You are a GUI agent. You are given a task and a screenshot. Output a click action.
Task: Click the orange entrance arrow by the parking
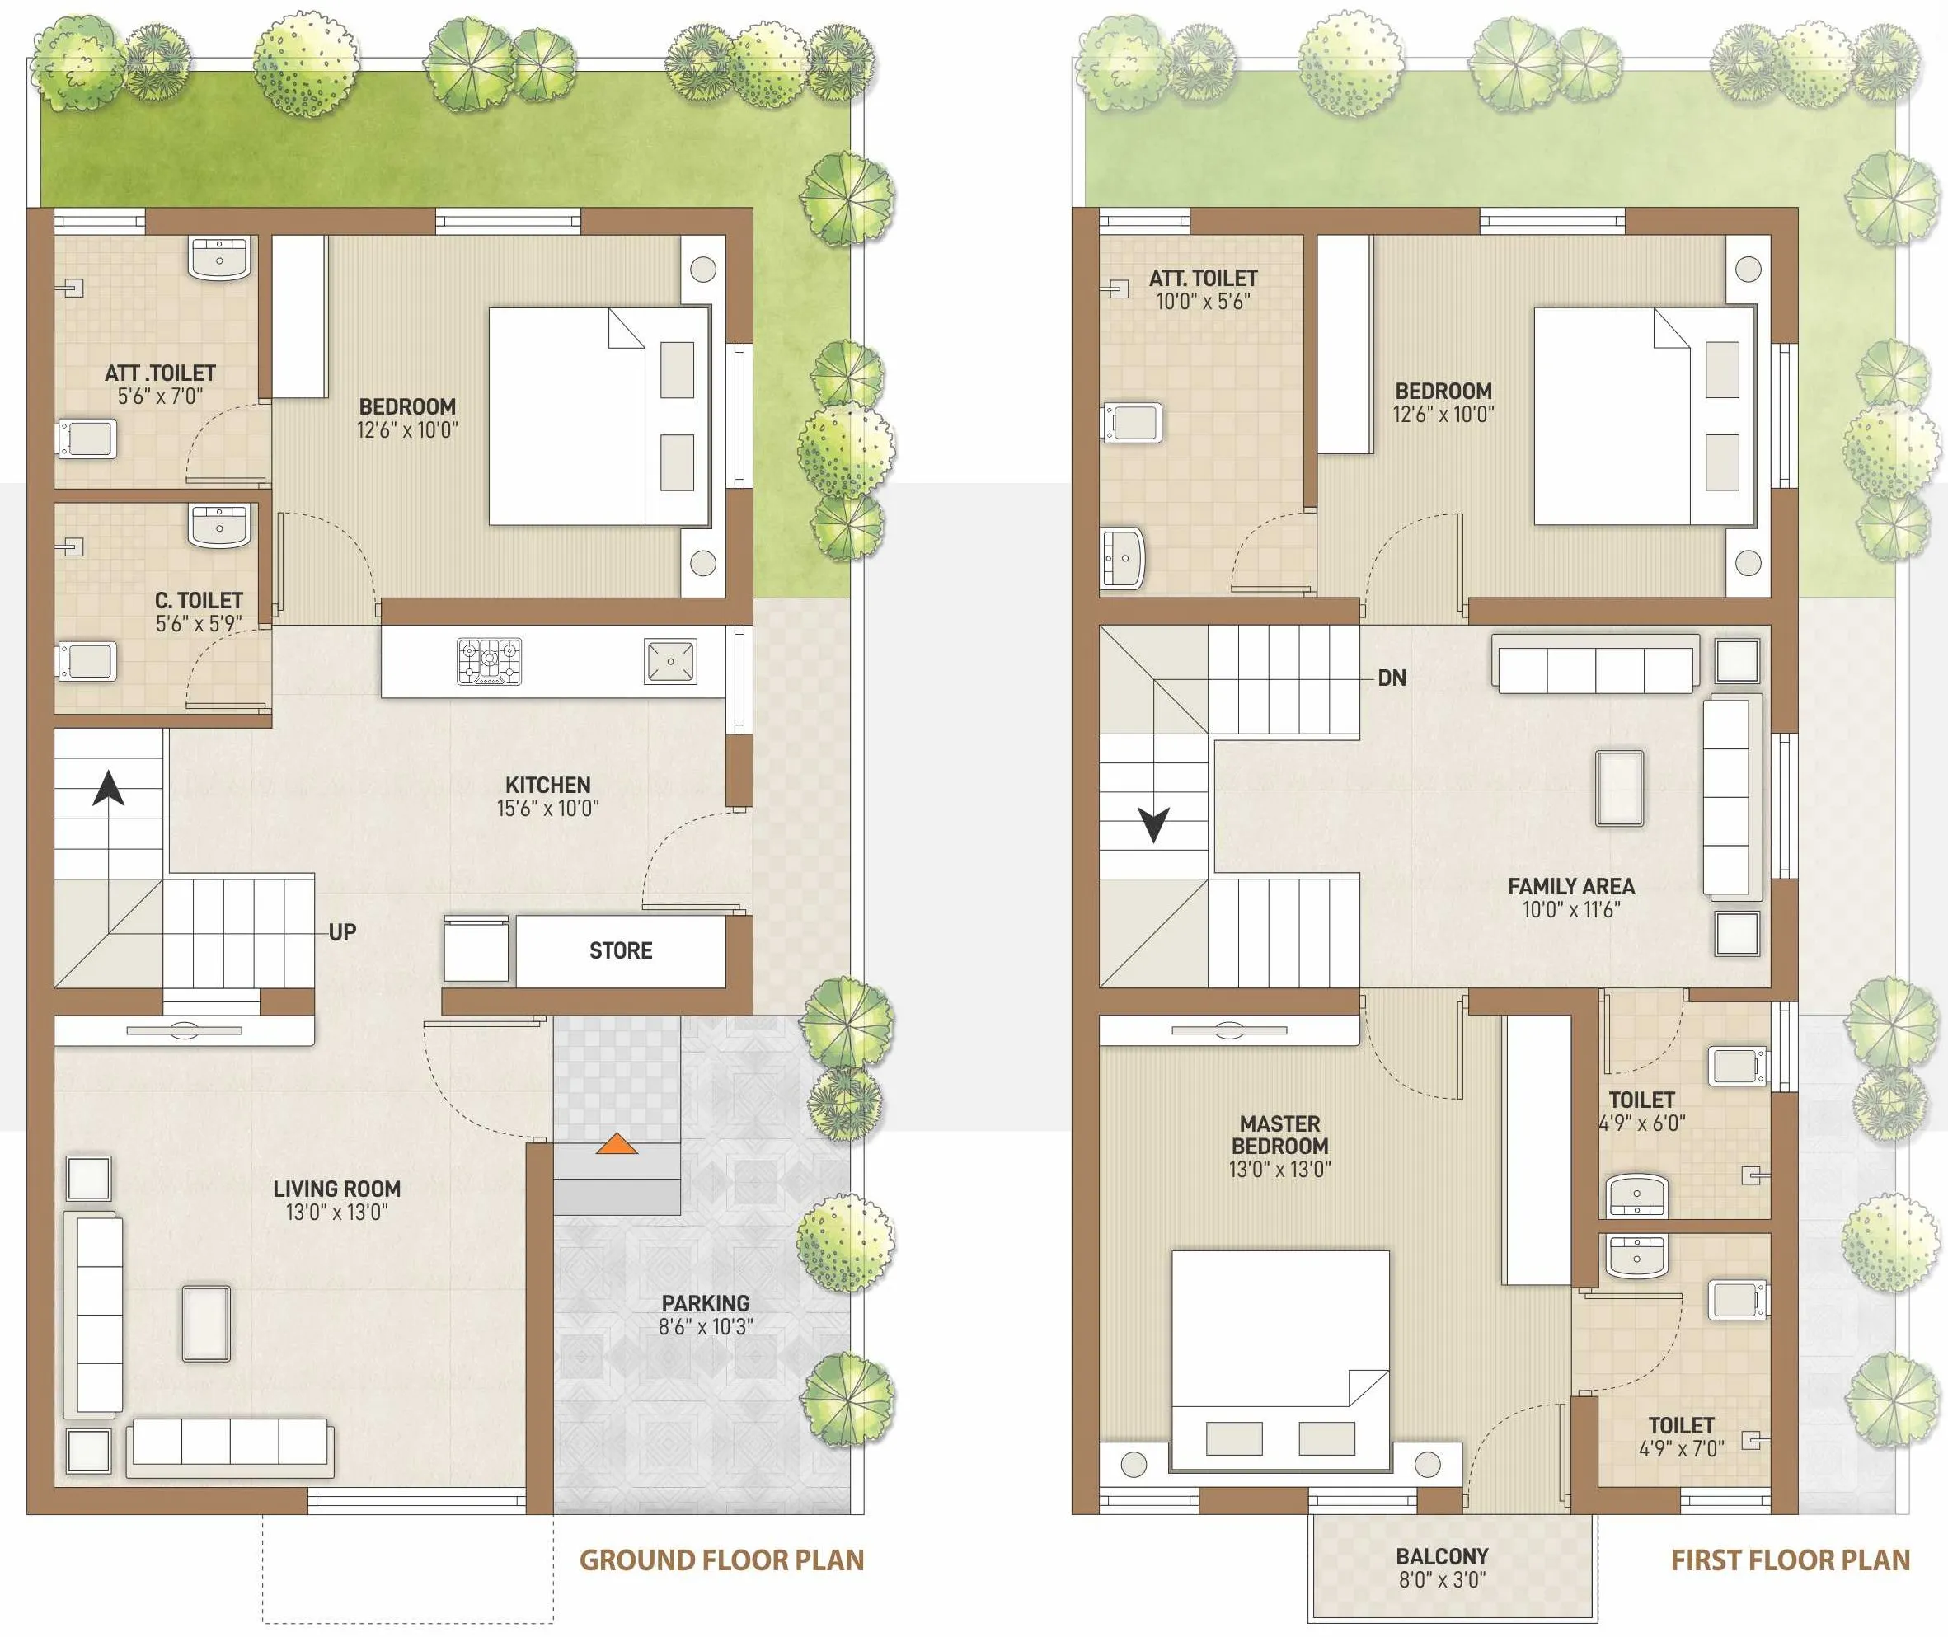pyautogui.click(x=617, y=1143)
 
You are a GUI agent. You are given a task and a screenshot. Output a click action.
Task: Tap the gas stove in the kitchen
pyautogui.click(x=489, y=661)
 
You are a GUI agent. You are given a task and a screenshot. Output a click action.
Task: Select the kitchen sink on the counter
pyautogui.click(x=670, y=661)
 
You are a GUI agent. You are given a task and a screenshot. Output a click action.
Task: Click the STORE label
pyautogui.click(x=621, y=950)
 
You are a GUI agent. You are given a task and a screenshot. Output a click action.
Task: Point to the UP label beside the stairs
pyautogui.click(x=342, y=931)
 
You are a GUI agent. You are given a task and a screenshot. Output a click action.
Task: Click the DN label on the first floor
pyautogui.click(x=1392, y=678)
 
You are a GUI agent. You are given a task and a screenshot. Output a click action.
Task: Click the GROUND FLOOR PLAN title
pyautogui.click(x=722, y=1560)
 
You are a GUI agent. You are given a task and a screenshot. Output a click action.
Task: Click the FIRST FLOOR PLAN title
pyautogui.click(x=1791, y=1560)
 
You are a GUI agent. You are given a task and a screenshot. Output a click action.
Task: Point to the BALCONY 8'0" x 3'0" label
pyautogui.click(x=1442, y=1569)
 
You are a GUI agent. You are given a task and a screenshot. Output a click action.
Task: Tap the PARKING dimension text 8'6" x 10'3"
pyautogui.click(x=706, y=1327)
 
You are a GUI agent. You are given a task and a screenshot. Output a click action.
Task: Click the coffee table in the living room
pyautogui.click(x=206, y=1323)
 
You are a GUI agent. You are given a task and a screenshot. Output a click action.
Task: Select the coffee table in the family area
pyautogui.click(x=1619, y=788)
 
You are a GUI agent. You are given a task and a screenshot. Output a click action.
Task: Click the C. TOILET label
pyautogui.click(x=199, y=600)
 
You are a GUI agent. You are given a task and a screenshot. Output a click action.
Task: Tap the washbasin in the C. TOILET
pyautogui.click(x=220, y=526)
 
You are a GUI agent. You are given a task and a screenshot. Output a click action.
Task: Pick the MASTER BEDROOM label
pyautogui.click(x=1279, y=1135)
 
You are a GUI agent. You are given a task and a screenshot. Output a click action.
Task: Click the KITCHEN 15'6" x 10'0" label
pyautogui.click(x=547, y=796)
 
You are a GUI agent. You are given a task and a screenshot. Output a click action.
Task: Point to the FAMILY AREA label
pyautogui.click(x=1571, y=886)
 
